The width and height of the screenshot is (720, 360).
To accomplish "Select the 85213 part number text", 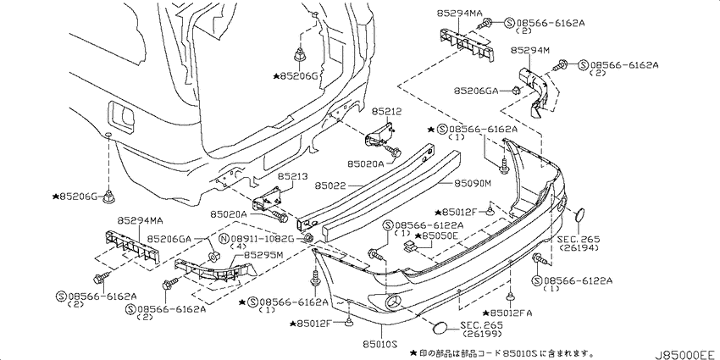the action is point(292,176).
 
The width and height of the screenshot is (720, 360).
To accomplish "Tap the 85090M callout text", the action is point(473,184).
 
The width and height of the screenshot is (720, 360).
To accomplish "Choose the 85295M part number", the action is point(263,254).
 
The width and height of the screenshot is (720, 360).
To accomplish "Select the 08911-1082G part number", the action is point(263,238).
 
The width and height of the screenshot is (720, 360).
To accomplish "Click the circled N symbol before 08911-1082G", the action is point(224,238).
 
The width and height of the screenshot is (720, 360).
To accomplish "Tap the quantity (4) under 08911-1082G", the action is point(238,246).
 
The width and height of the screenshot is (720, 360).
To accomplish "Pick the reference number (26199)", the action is point(483,334).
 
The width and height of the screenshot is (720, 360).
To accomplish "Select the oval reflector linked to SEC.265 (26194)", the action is point(579,215).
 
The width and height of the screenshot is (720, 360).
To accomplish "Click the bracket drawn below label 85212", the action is point(379,134).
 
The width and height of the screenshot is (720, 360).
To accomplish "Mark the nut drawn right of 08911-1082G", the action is point(308,238).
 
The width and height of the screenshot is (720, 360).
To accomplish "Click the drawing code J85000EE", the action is point(686,354).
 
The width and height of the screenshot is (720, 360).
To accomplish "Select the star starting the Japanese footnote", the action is point(413,352).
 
